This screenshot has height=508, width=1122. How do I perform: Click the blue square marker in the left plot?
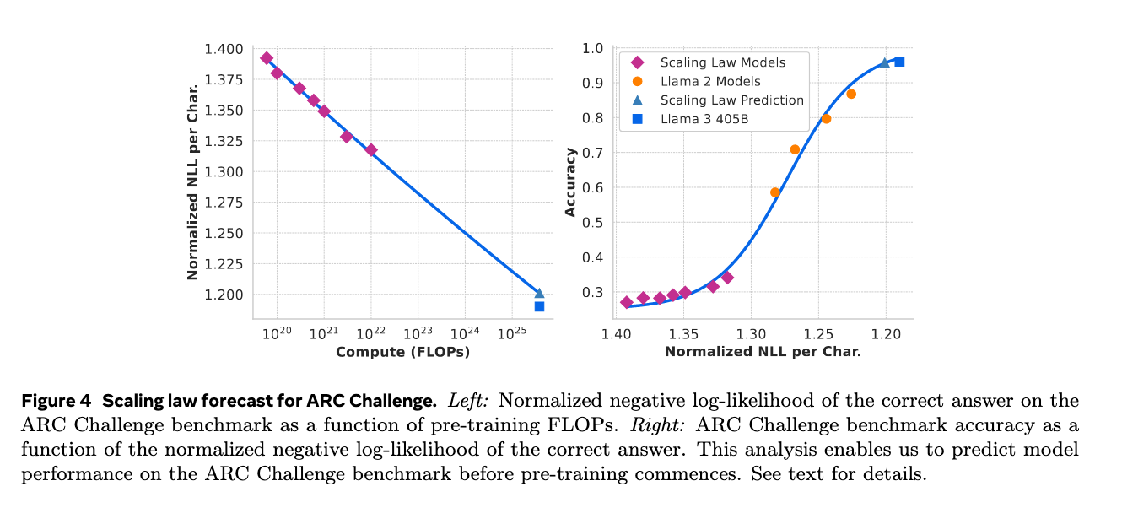coord(539,306)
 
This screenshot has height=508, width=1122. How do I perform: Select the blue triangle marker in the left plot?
coord(539,293)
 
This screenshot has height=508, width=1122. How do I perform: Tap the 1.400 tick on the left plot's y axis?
coord(224,50)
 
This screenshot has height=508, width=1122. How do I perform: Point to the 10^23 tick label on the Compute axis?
coord(417,333)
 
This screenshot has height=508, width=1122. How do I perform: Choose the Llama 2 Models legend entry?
coord(710,81)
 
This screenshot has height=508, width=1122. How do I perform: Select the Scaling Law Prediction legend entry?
coord(731,100)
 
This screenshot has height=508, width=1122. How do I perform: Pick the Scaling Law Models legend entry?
coord(722,62)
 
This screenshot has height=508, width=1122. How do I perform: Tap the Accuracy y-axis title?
coord(571,181)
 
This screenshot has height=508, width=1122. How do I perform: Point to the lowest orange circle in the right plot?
coord(775,192)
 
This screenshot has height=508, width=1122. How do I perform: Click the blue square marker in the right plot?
coord(899,62)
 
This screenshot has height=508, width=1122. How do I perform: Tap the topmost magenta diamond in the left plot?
coord(267,58)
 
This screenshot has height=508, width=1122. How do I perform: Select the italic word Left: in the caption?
coord(471,400)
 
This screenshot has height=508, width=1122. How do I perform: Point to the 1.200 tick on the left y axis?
coord(224,295)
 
